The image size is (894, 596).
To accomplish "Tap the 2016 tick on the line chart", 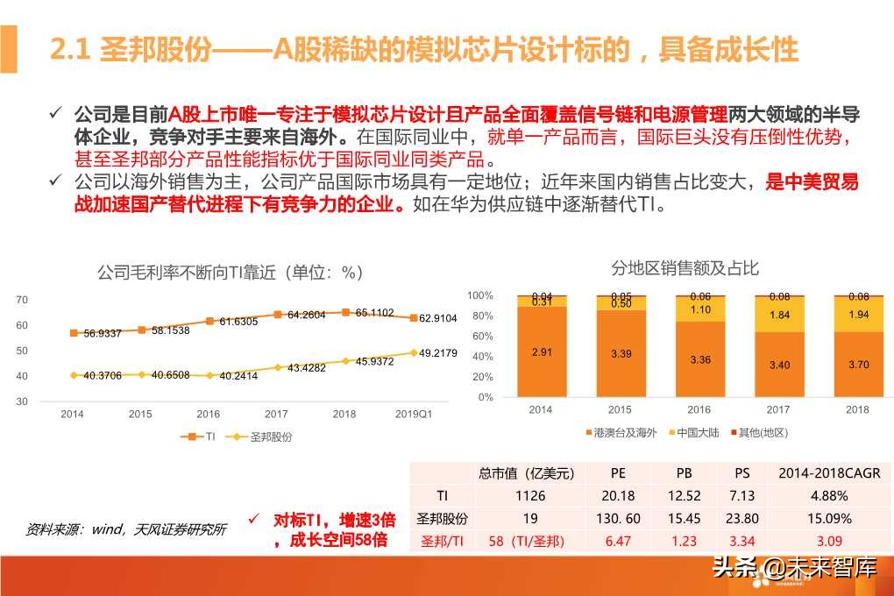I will (208, 414).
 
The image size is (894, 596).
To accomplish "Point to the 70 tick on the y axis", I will (22, 300).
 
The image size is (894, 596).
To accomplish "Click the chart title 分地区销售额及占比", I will (685, 268).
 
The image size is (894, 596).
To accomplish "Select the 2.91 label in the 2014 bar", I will (541, 351).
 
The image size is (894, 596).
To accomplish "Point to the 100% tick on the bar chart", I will (480, 295).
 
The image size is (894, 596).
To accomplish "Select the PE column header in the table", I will (618, 474).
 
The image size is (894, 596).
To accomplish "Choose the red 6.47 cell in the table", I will (618, 541).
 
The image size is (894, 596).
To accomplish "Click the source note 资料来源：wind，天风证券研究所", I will (125, 529).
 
